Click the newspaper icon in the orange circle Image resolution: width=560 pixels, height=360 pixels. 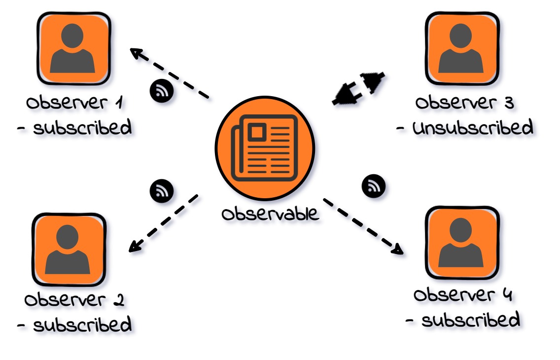coord(265,147)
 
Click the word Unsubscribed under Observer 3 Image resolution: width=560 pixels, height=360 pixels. coord(472,128)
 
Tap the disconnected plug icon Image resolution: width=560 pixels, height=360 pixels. coord(358,88)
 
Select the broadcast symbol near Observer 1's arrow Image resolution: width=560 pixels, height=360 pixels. coord(161,91)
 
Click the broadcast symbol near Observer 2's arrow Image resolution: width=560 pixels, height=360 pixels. coord(161,190)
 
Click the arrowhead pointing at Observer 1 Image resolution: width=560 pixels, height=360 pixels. coord(136,52)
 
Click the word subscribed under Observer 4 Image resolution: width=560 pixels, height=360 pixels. coord(470,321)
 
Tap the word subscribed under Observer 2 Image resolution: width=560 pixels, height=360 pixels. coord(82,325)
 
